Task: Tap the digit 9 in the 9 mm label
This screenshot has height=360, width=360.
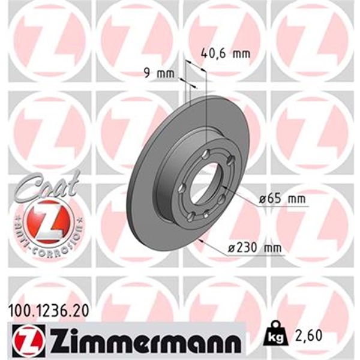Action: [148, 74]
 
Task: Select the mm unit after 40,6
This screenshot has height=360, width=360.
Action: [239, 54]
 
